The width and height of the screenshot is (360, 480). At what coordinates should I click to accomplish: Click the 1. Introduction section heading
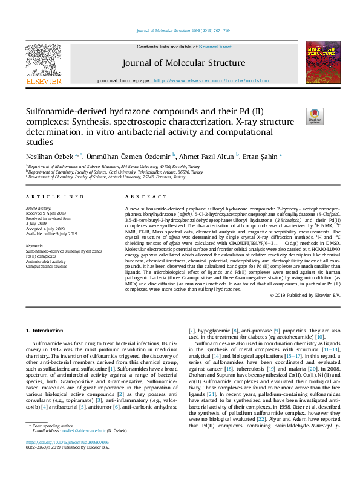click(x=46, y=331)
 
